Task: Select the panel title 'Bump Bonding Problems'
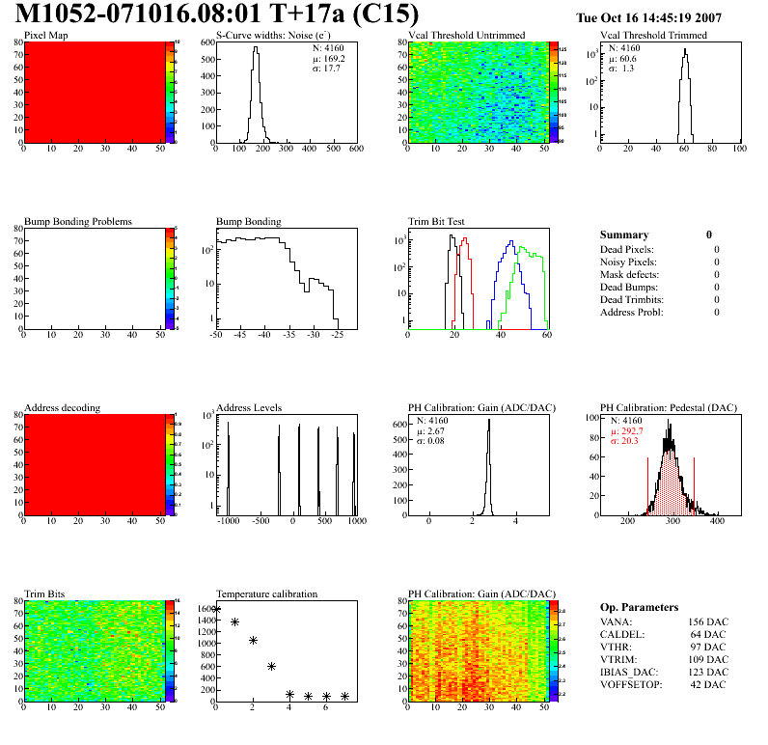coord(78,222)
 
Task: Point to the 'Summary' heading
coord(624,235)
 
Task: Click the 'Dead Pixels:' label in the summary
coord(627,249)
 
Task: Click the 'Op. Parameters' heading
coord(639,607)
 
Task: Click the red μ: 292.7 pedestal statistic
coord(628,431)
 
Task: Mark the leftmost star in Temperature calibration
coord(216,610)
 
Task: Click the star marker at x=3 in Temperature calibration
coord(272,666)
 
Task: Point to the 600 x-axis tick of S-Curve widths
coord(356,150)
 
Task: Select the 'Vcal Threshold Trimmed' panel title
coord(653,36)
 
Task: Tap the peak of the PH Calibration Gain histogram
coord(489,421)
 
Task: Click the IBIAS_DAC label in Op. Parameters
coord(633,673)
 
